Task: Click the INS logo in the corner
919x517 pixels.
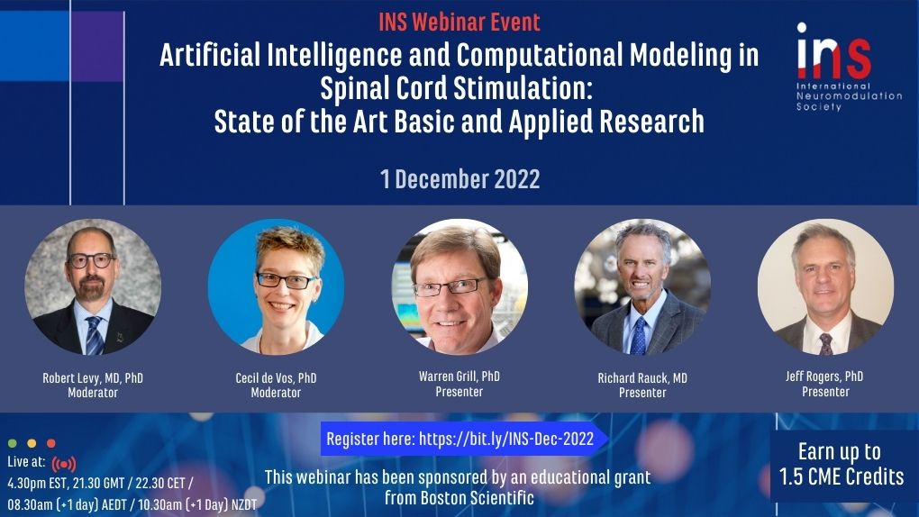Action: coord(848,67)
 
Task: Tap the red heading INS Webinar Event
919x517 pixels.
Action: coord(459,23)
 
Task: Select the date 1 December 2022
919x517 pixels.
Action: coord(460,178)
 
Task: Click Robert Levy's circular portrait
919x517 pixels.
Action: coord(93,286)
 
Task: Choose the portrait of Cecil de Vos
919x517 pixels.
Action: coord(276,286)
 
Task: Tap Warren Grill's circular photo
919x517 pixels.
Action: coord(459,286)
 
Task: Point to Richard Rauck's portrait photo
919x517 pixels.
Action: coord(642,286)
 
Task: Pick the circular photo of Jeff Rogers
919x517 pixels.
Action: coord(826,286)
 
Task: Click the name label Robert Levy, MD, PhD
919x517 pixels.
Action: coord(93,378)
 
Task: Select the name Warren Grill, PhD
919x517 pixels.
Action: coord(459,376)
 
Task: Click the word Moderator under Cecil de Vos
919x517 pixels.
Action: coord(276,393)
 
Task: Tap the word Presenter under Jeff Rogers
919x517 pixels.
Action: coord(825,392)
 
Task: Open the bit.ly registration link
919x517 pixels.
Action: coord(506,439)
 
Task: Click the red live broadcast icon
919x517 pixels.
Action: coord(64,464)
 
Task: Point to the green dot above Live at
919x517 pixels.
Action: coord(13,443)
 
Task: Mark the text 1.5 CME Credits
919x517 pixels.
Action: coord(841,476)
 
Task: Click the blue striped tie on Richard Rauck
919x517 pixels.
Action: coord(639,335)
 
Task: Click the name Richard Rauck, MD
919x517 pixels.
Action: coord(642,378)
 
